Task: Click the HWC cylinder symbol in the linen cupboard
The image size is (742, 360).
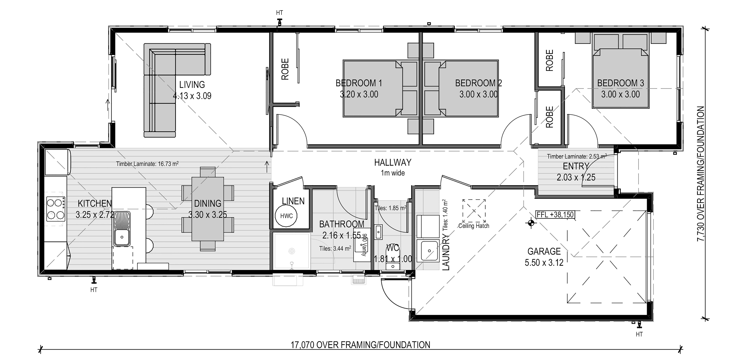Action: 286,216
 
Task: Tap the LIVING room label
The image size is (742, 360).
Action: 192,85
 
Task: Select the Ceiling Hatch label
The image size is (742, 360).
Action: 474,226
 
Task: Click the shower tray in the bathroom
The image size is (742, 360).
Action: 291,251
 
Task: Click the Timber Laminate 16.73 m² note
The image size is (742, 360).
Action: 147,164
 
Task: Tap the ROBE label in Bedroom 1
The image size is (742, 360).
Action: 285,69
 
